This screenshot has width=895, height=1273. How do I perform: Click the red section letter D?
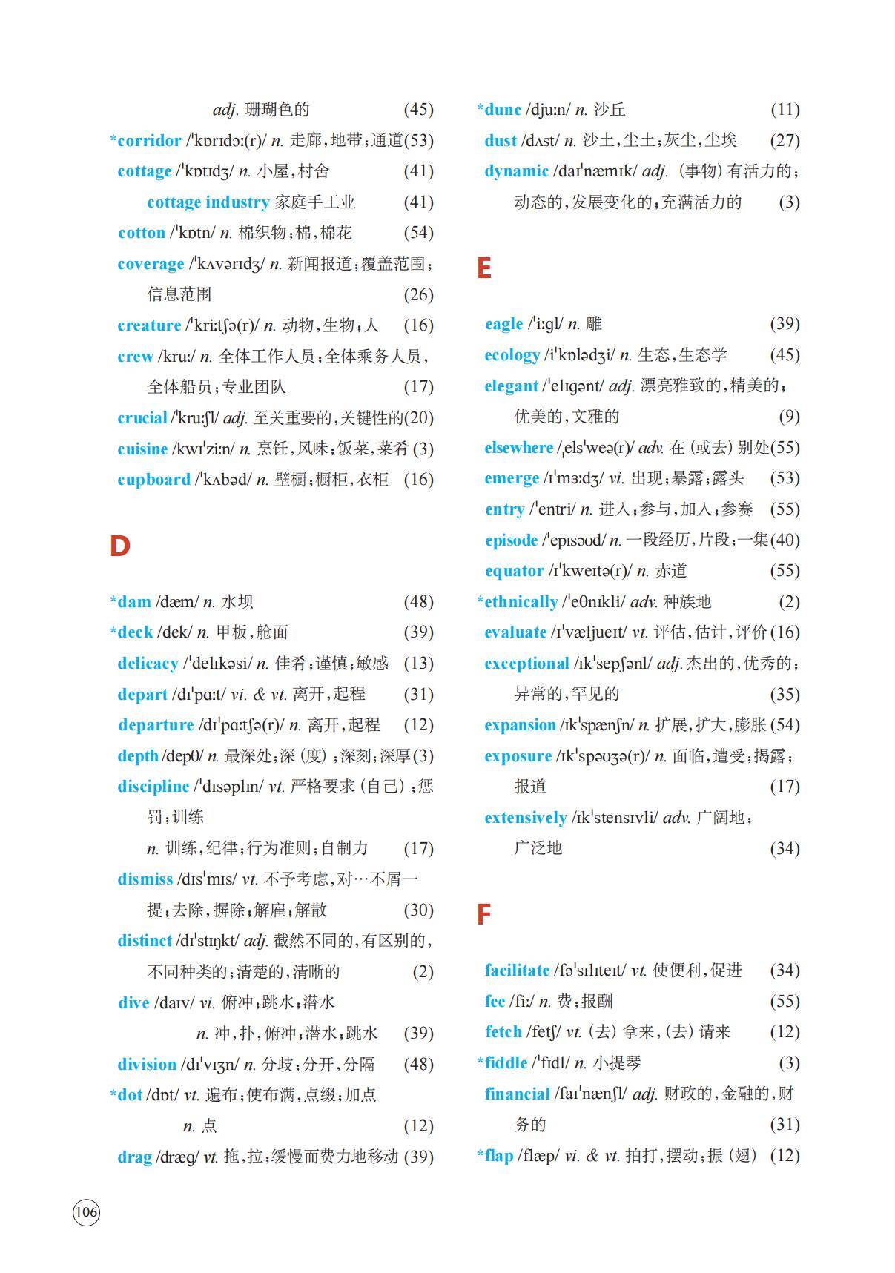point(119,546)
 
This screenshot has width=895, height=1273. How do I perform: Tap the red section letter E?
point(484,268)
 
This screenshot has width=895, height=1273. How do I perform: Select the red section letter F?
point(483,915)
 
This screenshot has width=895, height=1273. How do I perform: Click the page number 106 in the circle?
point(86,1212)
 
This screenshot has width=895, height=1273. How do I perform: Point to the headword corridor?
point(149,140)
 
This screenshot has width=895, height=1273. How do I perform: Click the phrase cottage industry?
point(208,202)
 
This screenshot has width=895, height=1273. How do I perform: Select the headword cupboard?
point(153,480)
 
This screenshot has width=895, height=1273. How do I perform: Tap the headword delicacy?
point(148,664)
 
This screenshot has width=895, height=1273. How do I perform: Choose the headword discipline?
point(153,787)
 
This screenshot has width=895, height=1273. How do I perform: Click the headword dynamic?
point(516,171)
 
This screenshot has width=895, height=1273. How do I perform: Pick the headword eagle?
point(503,324)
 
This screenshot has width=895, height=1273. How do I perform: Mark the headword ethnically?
point(521,602)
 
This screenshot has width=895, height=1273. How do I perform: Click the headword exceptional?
point(526,664)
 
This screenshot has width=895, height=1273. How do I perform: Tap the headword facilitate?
point(517,971)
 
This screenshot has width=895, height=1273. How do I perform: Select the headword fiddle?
point(506,1063)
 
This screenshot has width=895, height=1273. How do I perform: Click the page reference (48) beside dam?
point(418,602)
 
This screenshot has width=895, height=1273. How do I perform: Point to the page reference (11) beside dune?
point(785,110)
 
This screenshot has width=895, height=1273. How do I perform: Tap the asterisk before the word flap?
point(480,1154)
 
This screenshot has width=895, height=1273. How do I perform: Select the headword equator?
point(514,571)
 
